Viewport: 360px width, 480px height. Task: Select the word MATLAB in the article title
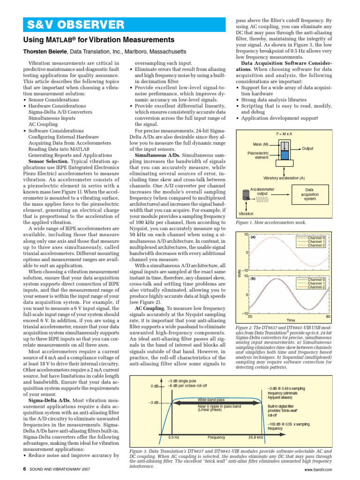click(62, 40)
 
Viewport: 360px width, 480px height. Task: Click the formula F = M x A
click(284, 134)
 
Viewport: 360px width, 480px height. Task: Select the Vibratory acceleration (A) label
click(284, 178)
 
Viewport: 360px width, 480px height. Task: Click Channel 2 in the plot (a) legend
click(316, 245)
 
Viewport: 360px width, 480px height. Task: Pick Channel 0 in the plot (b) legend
click(316, 280)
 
